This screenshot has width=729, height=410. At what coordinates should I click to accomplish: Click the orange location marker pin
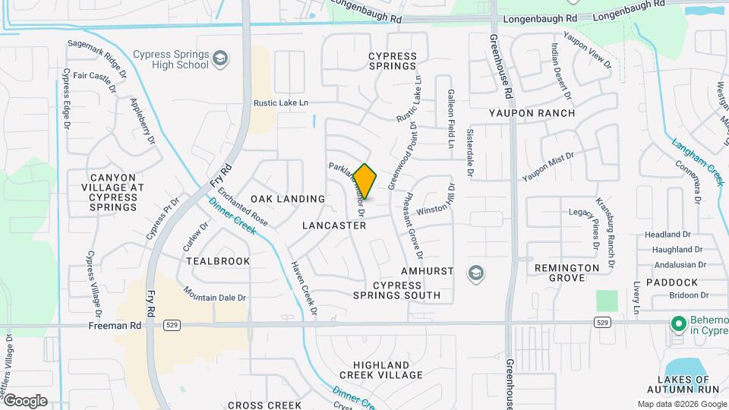click(x=365, y=181)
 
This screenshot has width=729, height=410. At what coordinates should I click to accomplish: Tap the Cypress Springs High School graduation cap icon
click(x=220, y=59)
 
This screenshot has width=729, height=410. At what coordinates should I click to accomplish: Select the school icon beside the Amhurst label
click(x=477, y=273)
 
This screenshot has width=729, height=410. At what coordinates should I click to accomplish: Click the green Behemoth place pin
click(x=679, y=324)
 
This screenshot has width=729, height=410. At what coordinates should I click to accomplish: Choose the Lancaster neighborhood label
click(x=334, y=225)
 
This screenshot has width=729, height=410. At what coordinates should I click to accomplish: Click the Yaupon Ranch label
click(x=532, y=113)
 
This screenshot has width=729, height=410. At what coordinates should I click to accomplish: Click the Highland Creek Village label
click(x=380, y=370)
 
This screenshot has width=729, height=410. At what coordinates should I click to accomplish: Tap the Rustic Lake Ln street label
click(x=281, y=102)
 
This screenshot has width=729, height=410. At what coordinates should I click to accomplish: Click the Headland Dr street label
click(x=667, y=235)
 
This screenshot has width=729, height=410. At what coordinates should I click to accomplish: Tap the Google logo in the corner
click(x=25, y=400)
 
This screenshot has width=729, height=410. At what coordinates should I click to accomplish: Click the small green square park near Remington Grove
click(x=607, y=301)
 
